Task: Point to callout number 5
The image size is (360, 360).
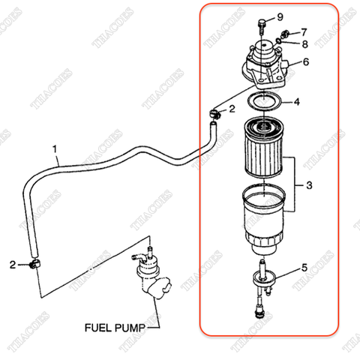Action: pyautogui.click(x=304, y=267)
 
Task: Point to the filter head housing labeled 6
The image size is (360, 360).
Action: pyautogui.click(x=265, y=64)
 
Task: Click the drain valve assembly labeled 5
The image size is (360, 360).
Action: pyautogui.click(x=263, y=285)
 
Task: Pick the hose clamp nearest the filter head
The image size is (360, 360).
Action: pyautogui.click(x=215, y=114)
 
